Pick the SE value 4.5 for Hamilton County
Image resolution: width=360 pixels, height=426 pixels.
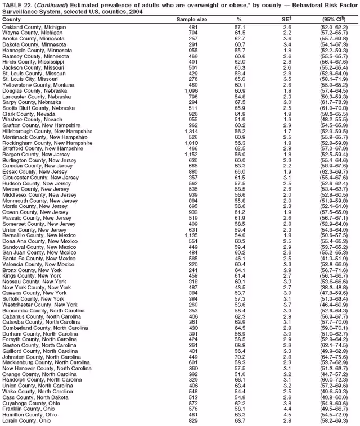287,414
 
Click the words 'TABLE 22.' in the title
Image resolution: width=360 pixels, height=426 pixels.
18,4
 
